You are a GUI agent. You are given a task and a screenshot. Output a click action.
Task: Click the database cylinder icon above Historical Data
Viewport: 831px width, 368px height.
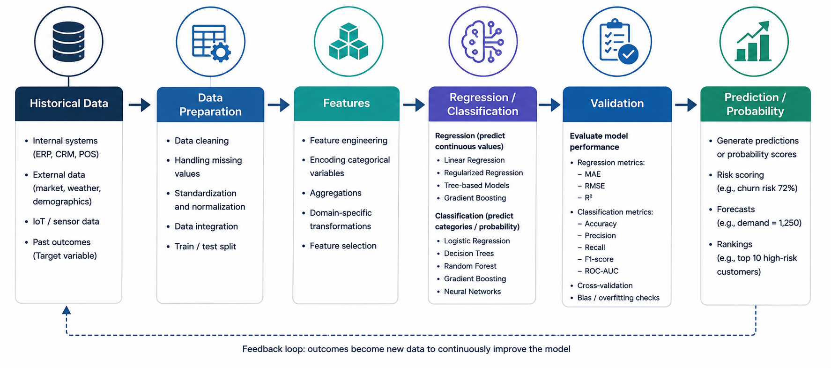pos(68,42)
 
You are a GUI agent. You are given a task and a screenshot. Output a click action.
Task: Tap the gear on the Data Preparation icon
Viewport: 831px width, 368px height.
pos(221,52)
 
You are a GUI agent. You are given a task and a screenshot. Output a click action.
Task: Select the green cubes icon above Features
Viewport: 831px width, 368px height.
pos(349,42)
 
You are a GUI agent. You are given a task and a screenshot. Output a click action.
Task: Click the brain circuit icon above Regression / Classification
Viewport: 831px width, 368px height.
pos(482,42)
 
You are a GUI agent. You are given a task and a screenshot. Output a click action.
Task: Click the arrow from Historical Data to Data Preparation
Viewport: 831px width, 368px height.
pos(140,104)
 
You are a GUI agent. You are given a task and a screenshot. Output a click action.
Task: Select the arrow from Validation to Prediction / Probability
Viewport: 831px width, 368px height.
pos(686,104)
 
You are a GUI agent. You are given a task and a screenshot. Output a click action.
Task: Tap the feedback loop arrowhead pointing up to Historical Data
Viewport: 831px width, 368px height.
pos(67,310)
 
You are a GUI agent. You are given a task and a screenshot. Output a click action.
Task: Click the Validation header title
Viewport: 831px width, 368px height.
pos(617,104)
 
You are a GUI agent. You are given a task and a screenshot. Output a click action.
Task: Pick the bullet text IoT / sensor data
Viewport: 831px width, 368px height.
pos(66,221)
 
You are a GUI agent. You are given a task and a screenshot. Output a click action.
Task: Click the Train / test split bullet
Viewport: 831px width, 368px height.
pos(205,247)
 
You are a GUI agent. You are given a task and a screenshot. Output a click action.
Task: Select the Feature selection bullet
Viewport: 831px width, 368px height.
pos(343,246)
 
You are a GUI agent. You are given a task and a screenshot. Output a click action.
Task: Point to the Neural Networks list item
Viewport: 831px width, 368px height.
pos(472,292)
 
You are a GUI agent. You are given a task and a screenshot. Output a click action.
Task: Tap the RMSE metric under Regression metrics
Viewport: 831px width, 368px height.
pos(595,186)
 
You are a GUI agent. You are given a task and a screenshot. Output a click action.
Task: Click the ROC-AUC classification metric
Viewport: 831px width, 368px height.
pos(601,271)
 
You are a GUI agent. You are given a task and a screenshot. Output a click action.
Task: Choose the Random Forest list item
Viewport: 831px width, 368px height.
pos(470,266)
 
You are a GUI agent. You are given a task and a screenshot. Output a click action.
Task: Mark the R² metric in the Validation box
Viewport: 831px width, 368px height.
pos(588,198)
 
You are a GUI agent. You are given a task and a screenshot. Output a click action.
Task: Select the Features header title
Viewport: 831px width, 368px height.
pos(346,103)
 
